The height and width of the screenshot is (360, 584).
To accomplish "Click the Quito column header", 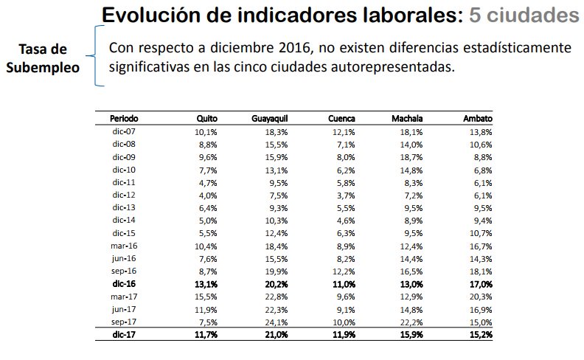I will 206,119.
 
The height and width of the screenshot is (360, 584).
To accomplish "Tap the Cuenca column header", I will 342,119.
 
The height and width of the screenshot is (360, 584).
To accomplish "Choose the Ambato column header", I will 478,119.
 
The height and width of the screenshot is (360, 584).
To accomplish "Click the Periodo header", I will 124,119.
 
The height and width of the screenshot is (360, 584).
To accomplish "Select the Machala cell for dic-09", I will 411,157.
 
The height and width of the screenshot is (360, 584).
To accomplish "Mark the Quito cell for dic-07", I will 206,131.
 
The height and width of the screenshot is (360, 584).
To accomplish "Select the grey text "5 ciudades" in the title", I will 517,15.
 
